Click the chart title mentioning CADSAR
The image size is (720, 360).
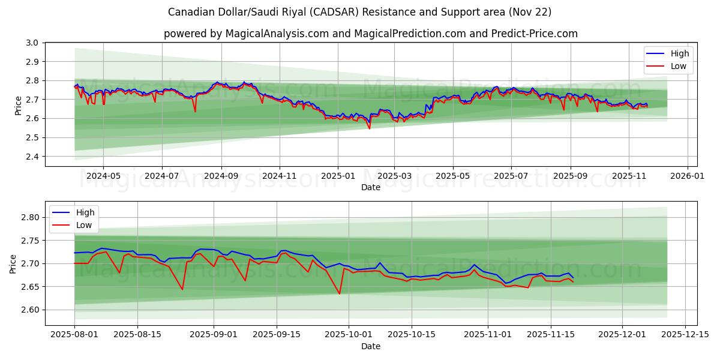(360, 12)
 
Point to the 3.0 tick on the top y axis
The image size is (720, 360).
(32, 43)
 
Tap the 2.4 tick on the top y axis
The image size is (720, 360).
(32, 157)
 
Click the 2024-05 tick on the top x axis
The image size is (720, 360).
(103, 177)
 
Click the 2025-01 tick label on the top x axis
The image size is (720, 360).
(338, 177)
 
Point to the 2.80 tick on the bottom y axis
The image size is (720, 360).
(29, 217)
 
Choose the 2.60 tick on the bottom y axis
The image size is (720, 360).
(29, 310)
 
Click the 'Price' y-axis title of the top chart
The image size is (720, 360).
(18, 105)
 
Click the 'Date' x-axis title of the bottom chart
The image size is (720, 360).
(370, 346)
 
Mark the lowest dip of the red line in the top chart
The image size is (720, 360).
(369, 128)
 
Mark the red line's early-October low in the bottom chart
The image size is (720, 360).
(340, 293)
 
